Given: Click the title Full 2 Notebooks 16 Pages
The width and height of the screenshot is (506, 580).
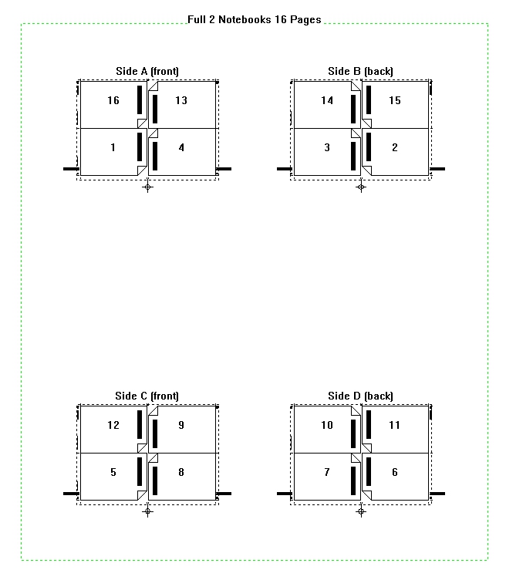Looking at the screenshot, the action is [x=254, y=19].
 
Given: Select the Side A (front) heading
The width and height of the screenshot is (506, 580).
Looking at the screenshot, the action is [x=147, y=71].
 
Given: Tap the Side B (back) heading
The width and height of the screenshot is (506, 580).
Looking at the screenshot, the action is [x=361, y=71].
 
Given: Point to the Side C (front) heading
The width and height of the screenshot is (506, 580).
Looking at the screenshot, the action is [x=147, y=396].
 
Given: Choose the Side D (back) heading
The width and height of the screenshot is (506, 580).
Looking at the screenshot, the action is [x=361, y=396].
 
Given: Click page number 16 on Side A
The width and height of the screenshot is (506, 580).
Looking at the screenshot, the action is [x=113, y=100].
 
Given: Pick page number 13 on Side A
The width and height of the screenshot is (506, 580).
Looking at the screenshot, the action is [x=181, y=100].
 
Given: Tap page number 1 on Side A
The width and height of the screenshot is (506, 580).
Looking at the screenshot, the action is [x=113, y=147].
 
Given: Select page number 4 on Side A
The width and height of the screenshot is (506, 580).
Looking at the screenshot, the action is [x=181, y=147].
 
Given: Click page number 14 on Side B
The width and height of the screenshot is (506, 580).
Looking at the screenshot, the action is [x=327, y=100].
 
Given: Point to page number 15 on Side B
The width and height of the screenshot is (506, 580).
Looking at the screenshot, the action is [x=395, y=100].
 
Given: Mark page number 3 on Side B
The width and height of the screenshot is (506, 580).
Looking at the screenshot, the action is [x=327, y=147].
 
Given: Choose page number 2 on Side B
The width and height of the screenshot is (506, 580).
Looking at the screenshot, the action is [x=395, y=147].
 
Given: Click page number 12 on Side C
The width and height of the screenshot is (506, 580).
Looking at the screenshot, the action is [x=113, y=425].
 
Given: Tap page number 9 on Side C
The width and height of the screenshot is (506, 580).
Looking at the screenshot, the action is [x=181, y=425].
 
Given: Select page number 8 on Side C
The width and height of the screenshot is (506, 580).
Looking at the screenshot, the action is [x=181, y=472].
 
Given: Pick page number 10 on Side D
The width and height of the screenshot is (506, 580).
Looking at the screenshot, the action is [x=327, y=425].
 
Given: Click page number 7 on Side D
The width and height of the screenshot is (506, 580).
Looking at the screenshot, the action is [x=327, y=472].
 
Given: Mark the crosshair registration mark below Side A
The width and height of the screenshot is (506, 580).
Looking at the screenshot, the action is [x=147, y=187].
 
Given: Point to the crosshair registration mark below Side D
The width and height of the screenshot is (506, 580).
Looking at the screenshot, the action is [x=361, y=511].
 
